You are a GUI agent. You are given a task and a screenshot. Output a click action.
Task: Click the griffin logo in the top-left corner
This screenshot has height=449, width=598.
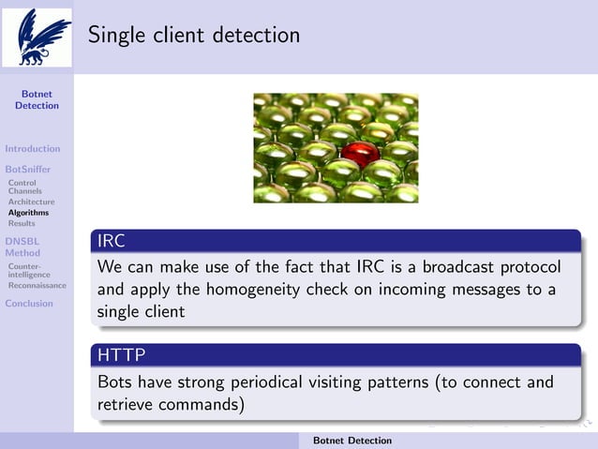coord(37,37)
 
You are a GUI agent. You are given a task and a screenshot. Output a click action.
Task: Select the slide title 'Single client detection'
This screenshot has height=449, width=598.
coord(194,36)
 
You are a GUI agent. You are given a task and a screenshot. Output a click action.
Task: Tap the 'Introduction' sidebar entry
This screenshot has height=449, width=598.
coord(33,148)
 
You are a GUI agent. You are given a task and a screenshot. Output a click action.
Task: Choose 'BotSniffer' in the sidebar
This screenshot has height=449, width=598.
coord(28,170)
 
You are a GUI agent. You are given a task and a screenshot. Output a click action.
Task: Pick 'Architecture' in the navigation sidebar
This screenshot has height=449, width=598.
coord(31,202)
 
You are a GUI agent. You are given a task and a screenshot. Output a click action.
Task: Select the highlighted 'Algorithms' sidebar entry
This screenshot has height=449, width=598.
coord(28,213)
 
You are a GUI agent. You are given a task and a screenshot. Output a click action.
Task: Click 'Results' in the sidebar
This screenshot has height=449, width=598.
coord(22,223)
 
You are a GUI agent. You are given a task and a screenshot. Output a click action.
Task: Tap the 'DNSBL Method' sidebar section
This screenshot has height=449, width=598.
coord(23,247)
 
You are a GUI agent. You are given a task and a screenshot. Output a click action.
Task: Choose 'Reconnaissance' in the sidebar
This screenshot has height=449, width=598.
coord(37,286)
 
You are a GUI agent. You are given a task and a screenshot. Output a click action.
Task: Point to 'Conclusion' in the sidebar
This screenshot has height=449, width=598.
coord(29,303)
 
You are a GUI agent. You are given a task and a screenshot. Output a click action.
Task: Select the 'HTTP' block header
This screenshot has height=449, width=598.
coord(121,356)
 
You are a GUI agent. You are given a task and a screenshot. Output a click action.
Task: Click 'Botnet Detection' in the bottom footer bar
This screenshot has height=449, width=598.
coord(352,441)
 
